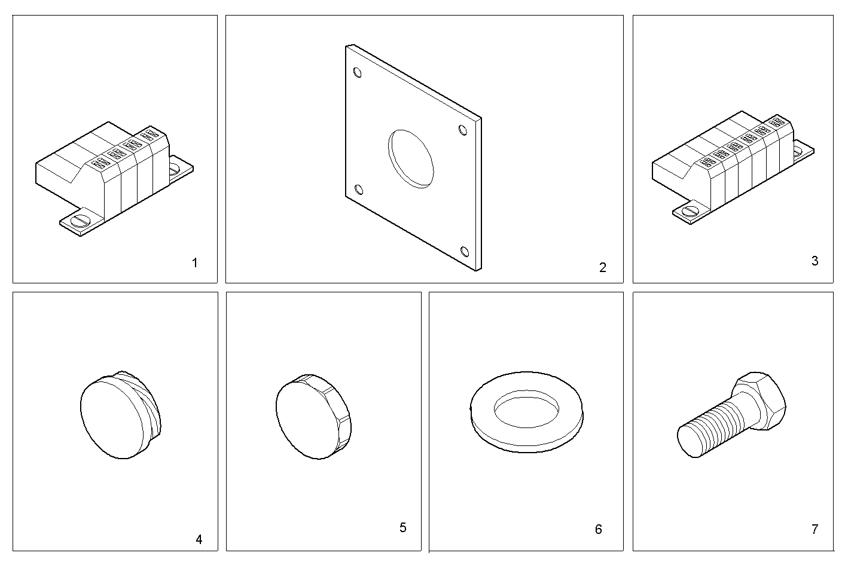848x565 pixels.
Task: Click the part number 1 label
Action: (194, 262)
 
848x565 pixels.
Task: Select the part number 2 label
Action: (602, 267)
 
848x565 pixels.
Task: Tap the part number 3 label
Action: (815, 261)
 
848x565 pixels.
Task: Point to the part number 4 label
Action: (199, 539)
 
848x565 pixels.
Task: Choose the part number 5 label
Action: (402, 527)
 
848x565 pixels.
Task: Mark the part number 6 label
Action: (598, 529)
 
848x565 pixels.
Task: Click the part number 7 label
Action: (815, 529)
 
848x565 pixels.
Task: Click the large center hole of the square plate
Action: (410, 158)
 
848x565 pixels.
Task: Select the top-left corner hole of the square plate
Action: (358, 73)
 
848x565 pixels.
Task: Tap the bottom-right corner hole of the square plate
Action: (465, 250)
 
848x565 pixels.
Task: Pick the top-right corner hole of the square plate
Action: (462, 130)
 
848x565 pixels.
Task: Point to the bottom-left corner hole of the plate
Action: (359, 190)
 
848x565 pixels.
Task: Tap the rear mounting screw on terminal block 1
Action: (175, 169)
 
